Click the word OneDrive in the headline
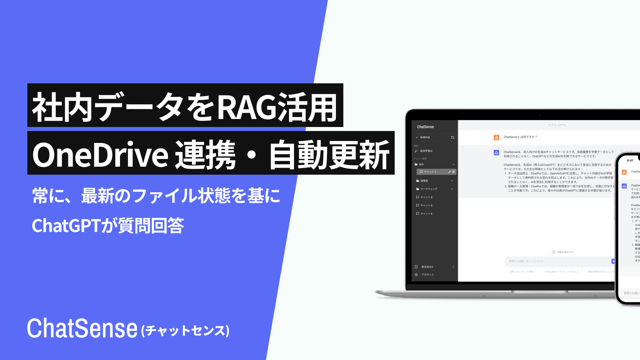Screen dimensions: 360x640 pos(100,154)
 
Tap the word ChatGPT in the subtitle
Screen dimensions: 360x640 pos(66,226)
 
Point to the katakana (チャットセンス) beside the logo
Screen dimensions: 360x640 pos(185,331)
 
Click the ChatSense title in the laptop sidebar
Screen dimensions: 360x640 pos(425,127)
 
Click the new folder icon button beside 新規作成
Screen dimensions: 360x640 pos(452,137)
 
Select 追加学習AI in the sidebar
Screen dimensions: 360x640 pos(426,151)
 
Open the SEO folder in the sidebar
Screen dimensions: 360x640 pos(421,164)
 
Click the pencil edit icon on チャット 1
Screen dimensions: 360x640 pos(449,172)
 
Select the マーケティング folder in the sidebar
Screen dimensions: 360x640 pos(429,189)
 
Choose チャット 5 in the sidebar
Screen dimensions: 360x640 pos(426,205)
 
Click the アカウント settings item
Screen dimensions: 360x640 pos(427,275)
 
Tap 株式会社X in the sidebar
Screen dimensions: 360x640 pos(427,267)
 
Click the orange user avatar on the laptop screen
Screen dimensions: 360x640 pos(496,137)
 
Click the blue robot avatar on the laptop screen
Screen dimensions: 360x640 pos(496,153)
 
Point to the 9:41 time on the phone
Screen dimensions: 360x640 pos(630,161)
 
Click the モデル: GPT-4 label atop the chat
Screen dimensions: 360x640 pos(557,125)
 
